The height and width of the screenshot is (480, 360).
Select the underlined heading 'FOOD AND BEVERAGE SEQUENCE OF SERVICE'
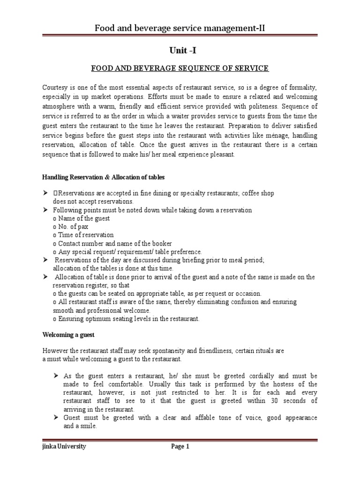[180, 68]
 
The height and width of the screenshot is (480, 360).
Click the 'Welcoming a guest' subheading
[68, 335]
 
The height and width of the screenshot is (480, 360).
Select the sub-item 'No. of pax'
[73, 226]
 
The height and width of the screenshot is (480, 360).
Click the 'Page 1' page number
[180, 447]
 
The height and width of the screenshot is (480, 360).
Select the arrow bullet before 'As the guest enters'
[56, 376]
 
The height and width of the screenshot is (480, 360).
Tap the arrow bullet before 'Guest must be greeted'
[56, 418]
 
